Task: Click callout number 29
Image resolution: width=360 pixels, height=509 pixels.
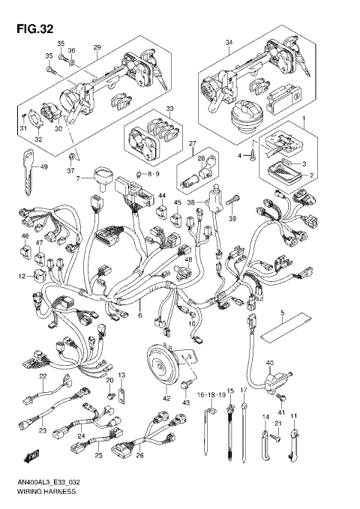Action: pos(96,47)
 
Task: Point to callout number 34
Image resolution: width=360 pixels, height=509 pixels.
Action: pos(229,43)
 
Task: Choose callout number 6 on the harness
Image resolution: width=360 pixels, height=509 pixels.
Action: pos(139,316)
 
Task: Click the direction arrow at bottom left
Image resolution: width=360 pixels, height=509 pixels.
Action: pos(32,455)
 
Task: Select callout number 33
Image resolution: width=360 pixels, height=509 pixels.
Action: pos(169,109)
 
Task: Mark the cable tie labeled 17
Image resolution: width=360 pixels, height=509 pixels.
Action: pos(244,435)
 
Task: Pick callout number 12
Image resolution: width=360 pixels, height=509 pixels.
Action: pos(22,277)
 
